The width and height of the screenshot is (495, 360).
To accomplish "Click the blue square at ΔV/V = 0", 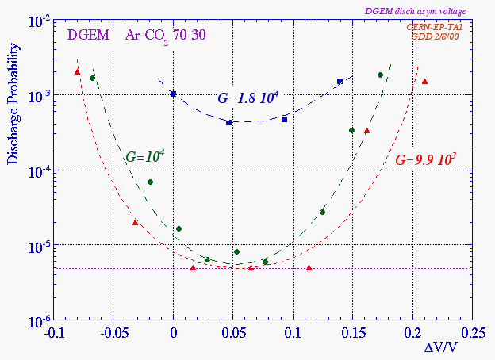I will (x=173, y=94).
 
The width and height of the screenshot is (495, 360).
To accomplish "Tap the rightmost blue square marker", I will (x=340, y=81).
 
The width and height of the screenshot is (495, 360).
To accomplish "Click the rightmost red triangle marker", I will (x=424, y=82).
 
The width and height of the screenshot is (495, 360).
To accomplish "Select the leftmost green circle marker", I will (x=92, y=78).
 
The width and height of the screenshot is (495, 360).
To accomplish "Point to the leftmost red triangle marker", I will (x=77, y=71).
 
